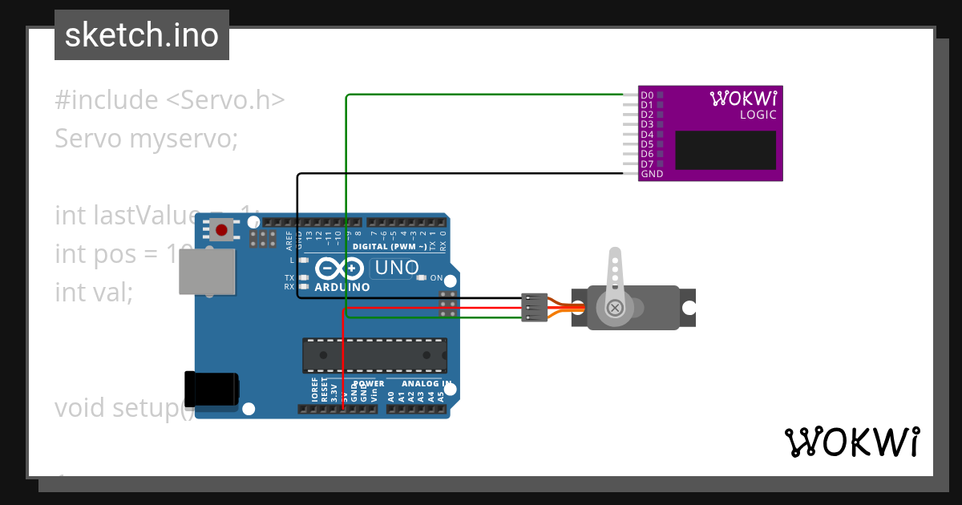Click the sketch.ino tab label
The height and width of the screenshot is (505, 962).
(142, 35)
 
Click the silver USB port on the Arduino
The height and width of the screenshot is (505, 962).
(207, 271)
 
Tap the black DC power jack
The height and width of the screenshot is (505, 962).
(212, 389)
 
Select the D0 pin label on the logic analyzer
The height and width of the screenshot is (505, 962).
(647, 95)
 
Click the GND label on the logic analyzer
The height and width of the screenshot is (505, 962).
(652, 174)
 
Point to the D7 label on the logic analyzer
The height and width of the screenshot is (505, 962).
(647, 164)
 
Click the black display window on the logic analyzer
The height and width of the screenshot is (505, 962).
(726, 150)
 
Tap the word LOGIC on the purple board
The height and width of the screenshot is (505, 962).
(758, 115)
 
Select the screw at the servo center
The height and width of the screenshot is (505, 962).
(615, 308)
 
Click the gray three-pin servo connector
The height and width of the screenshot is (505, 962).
(534, 308)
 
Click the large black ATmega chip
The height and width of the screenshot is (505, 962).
(374, 355)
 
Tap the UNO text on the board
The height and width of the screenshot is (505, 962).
(397, 267)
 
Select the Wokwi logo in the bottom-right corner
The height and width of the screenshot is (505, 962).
(851, 442)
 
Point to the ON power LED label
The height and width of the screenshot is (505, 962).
(436, 278)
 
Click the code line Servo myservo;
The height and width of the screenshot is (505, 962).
(147, 139)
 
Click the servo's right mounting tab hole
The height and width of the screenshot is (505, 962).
(687, 308)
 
